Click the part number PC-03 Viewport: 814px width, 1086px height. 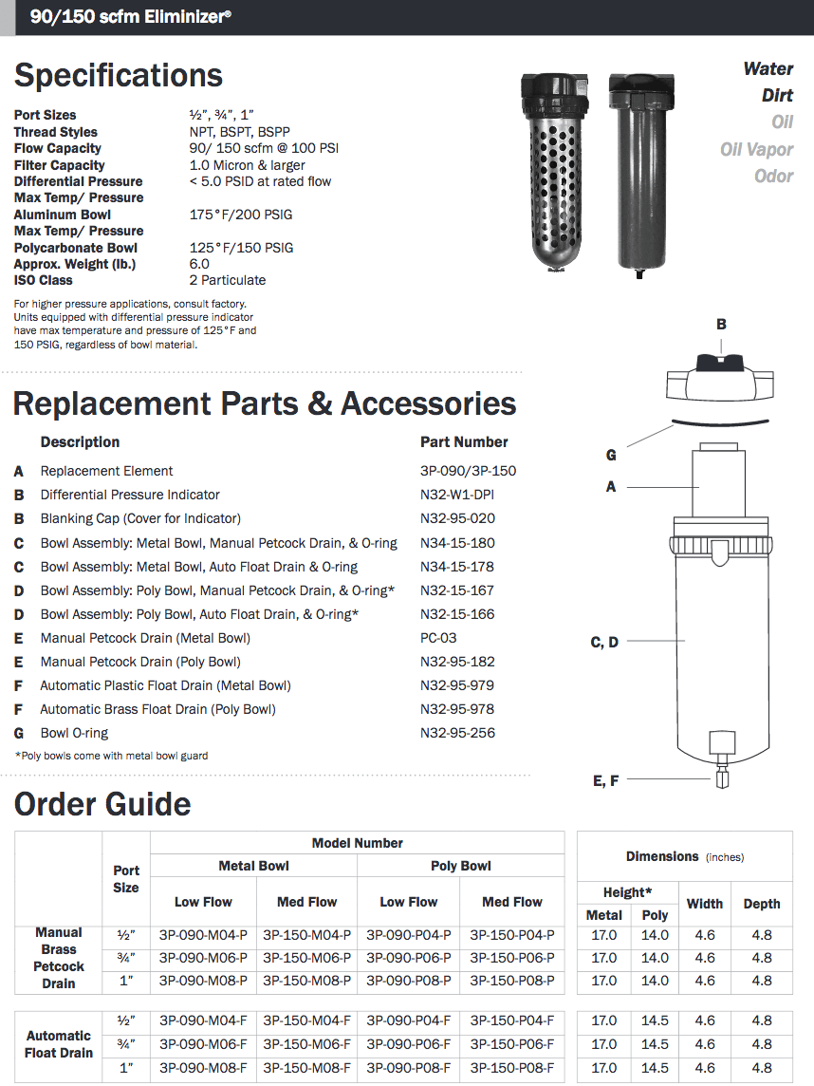(438, 638)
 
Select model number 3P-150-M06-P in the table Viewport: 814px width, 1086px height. (306, 958)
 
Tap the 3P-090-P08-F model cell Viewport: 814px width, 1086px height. (409, 1067)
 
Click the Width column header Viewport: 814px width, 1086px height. (705, 904)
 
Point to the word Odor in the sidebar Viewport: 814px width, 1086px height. (773, 176)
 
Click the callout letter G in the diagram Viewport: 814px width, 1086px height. (611, 456)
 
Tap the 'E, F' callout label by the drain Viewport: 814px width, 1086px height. (605, 780)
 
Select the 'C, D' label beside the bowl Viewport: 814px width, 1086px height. (604, 643)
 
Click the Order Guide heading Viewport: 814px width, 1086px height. (102, 805)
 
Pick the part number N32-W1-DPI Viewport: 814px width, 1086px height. (457, 495)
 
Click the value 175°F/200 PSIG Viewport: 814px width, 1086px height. (241, 215)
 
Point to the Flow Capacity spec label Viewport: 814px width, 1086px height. (58, 148)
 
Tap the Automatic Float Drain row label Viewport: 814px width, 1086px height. (59, 1044)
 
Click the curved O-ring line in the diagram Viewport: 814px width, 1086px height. (721, 421)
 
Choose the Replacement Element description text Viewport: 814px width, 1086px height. (106, 471)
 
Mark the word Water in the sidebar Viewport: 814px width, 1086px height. (768, 68)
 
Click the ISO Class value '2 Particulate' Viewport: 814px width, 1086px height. (228, 280)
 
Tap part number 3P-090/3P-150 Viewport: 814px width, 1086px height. (469, 471)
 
